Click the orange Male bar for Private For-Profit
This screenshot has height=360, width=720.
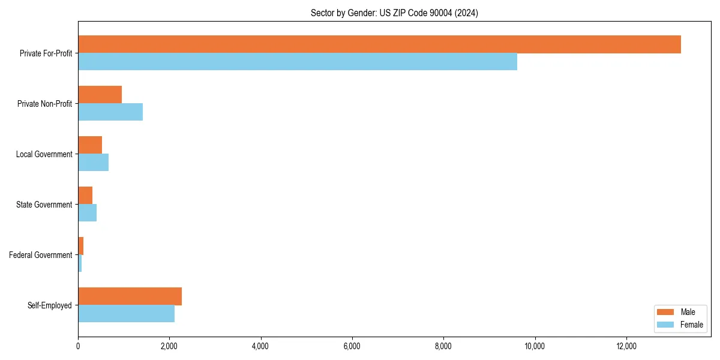(379, 44)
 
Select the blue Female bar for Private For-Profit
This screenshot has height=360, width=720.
(298, 62)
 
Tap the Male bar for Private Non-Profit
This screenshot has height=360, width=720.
(100, 95)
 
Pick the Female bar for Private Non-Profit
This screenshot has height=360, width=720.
(110, 112)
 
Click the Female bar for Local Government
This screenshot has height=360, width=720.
(93, 163)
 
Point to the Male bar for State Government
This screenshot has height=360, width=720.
(85, 196)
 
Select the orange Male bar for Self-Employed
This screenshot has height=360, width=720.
(130, 296)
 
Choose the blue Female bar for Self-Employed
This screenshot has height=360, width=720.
(126, 314)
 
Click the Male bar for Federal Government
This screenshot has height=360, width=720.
(80, 246)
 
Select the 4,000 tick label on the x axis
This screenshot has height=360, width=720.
(260, 346)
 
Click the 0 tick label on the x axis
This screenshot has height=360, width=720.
(78, 346)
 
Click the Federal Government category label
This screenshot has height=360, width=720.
(41, 255)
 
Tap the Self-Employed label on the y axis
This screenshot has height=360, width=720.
(50, 305)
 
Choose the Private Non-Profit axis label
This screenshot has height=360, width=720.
(44, 104)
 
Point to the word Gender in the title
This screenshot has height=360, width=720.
(362, 13)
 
